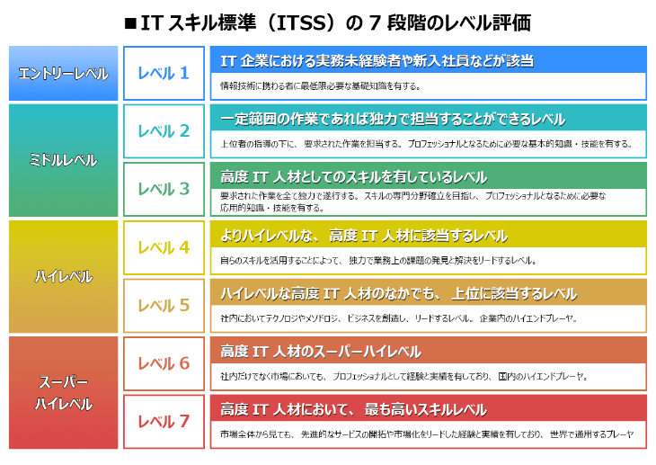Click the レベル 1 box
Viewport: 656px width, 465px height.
(164, 73)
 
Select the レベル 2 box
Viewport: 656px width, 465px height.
(164, 131)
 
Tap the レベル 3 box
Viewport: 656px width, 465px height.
(164, 189)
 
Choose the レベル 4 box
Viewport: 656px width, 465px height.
(164, 247)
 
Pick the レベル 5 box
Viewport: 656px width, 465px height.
(164, 306)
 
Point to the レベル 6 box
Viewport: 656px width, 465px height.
(164, 363)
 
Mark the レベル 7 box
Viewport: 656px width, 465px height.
(164, 421)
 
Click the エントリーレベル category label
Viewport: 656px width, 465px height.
(63, 73)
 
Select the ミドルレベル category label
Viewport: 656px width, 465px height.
(63, 160)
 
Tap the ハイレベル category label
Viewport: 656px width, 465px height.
(63, 276)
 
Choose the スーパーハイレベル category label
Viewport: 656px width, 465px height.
(63, 392)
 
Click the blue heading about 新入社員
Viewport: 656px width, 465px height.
(377, 60)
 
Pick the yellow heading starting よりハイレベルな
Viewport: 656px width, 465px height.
(364, 236)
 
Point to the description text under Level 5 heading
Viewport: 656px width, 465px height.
(398, 318)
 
